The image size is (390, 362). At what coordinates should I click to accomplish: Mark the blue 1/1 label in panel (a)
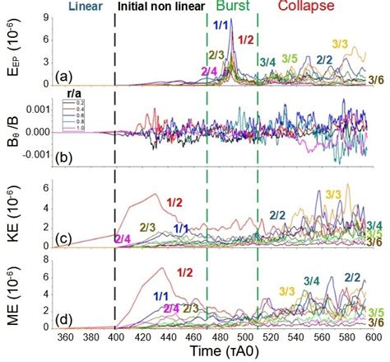click(221, 26)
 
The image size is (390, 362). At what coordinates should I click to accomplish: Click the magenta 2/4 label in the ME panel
click(171, 308)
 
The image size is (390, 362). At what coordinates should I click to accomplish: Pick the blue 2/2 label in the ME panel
click(353, 277)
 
